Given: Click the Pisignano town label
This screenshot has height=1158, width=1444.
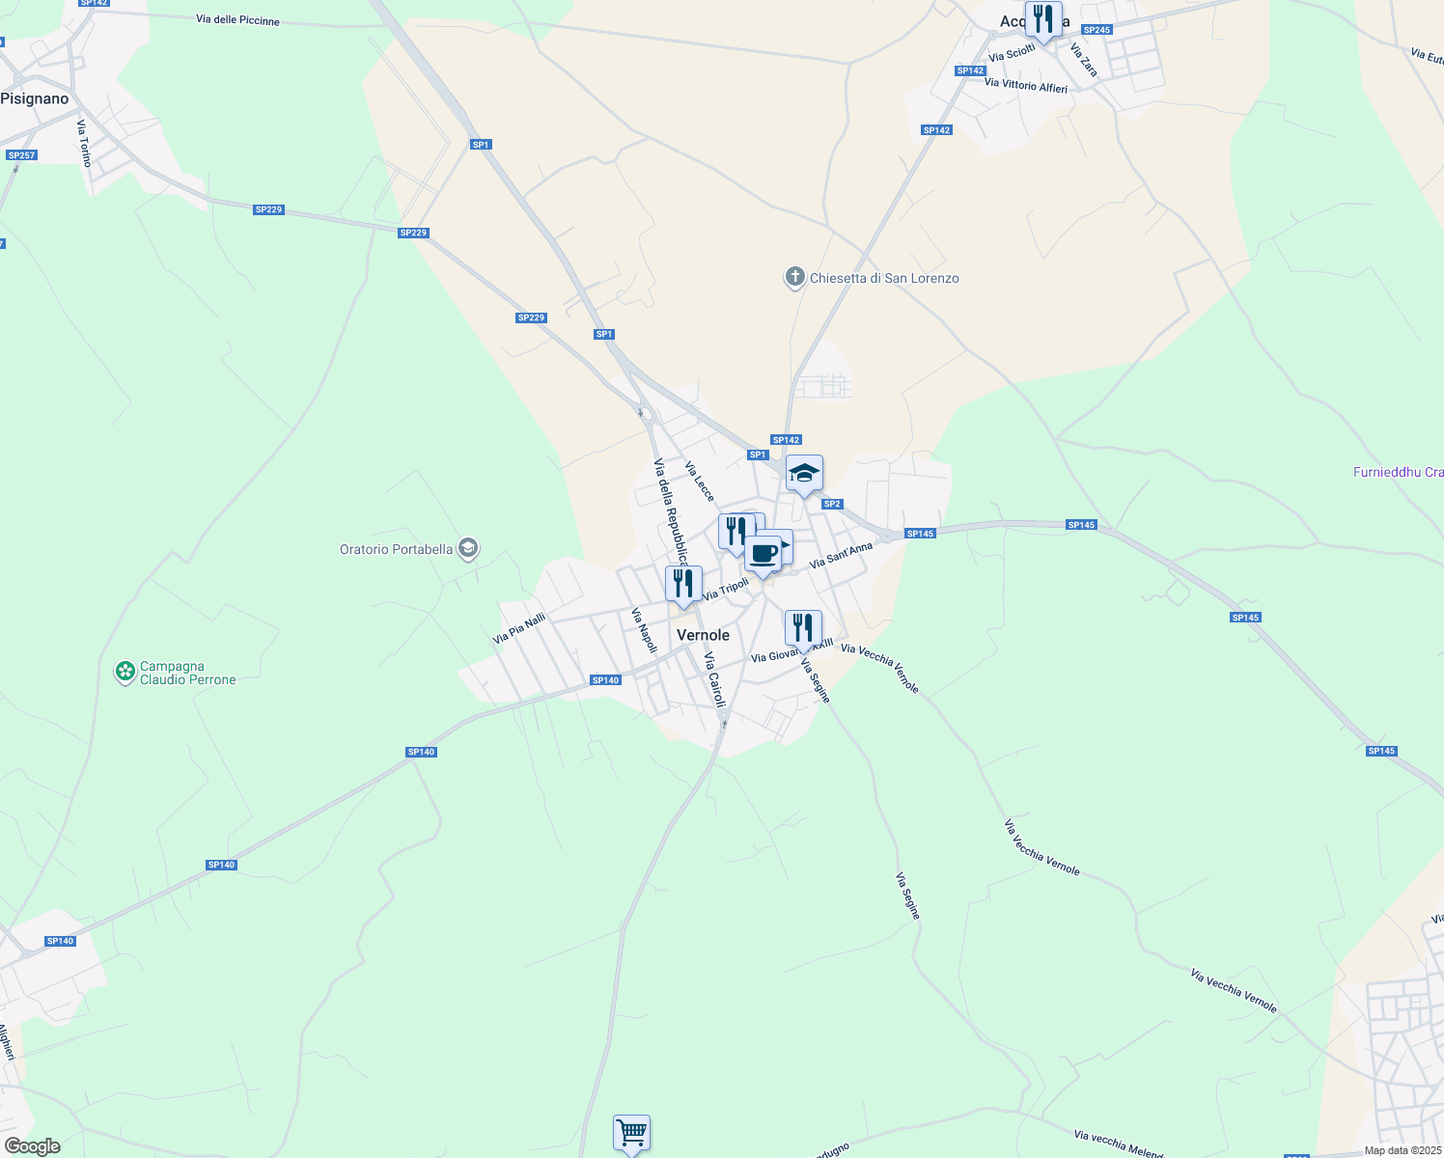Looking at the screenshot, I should (35, 98).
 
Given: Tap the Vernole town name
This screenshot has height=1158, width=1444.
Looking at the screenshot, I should (703, 635).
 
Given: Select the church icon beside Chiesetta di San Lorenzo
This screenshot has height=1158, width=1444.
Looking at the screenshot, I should (794, 278).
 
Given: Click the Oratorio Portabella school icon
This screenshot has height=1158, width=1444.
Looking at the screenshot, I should (468, 549).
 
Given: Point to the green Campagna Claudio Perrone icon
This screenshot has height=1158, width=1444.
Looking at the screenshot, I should (125, 672).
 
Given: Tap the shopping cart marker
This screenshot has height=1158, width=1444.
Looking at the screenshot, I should (631, 1131).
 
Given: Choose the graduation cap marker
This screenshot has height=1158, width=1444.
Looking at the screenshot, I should (804, 473).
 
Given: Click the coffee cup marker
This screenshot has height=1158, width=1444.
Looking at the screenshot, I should (763, 555).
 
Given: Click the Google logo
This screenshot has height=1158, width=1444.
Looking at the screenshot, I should (33, 1146).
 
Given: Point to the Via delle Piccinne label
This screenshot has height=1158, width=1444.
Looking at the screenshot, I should (237, 19).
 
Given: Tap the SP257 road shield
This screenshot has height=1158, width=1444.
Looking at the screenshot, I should (20, 155).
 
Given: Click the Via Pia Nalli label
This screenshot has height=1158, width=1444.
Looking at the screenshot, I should (519, 628).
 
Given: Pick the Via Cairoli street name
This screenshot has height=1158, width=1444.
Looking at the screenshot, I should (714, 679).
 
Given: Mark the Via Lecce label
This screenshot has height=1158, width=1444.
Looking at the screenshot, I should (700, 482).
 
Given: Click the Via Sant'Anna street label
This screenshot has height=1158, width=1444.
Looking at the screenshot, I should (841, 555).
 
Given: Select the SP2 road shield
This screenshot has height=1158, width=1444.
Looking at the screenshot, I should (832, 504).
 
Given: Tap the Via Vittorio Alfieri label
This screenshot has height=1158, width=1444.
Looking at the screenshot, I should (1026, 85).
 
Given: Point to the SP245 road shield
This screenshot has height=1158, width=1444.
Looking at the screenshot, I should (1097, 30).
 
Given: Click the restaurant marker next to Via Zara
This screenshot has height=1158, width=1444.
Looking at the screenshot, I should (1042, 19).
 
